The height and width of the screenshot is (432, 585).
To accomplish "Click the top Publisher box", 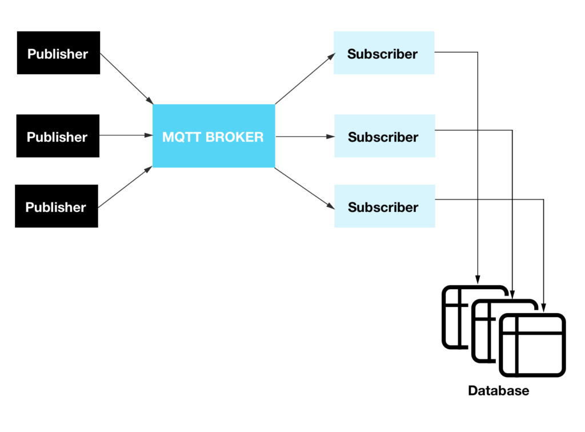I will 58,53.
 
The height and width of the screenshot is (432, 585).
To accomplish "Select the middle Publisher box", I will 58,136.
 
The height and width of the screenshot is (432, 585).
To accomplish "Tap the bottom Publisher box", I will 57,206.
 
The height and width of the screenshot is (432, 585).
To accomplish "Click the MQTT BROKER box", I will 214,136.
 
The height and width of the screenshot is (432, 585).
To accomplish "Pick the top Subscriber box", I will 383,53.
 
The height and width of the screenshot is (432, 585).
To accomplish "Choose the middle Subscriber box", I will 384,136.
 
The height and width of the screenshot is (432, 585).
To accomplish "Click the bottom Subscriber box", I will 384,206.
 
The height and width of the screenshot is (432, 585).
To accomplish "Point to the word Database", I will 498,391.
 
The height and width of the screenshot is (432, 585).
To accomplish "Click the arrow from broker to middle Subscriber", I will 304,137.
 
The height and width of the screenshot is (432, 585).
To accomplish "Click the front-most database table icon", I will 532,346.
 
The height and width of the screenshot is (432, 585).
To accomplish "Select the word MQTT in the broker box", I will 179,137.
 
